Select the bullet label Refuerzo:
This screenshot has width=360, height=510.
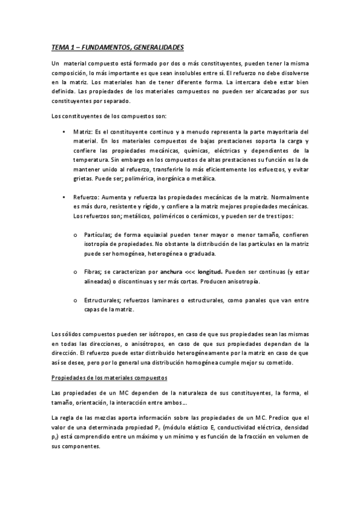(86, 197)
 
